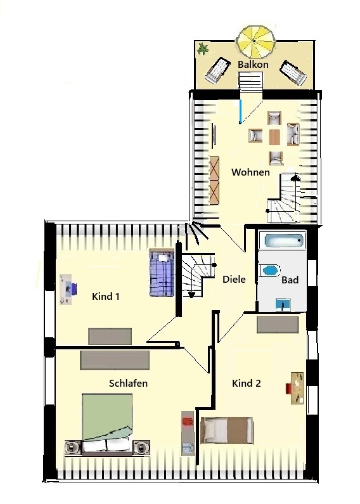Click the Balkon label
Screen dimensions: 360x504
[x=253, y=64]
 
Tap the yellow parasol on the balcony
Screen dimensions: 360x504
[x=256, y=41]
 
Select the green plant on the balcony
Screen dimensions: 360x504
[x=203, y=49]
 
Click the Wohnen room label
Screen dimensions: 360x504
[x=250, y=172]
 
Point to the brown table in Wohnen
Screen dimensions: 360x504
[x=274, y=137]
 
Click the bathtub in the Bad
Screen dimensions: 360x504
[x=284, y=240]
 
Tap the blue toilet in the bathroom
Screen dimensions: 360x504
[x=270, y=270]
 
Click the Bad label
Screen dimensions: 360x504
[x=290, y=280]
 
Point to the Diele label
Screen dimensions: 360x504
[x=234, y=280]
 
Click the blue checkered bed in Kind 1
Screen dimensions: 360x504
[x=162, y=273]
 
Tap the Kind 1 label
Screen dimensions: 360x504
[x=106, y=296]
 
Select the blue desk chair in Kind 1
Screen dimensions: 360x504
[x=73, y=288]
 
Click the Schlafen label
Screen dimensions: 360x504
[x=128, y=384]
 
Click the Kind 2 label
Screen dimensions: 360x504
[x=246, y=384]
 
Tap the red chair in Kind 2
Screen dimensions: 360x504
[x=288, y=388]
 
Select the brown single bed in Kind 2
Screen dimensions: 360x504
[x=227, y=430]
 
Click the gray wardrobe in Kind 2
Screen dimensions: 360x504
[x=278, y=325]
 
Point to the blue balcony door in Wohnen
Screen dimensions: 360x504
[x=240, y=112]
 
